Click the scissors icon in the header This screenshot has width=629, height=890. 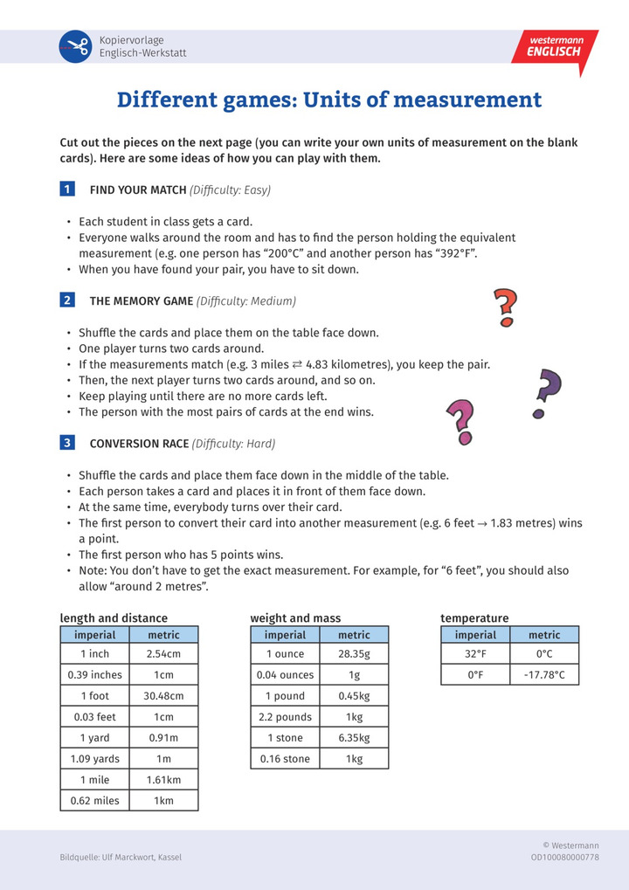[x=75, y=46]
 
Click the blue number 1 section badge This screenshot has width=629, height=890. [x=67, y=190]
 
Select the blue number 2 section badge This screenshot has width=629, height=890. [x=67, y=300]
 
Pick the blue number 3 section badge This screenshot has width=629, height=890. [x=67, y=443]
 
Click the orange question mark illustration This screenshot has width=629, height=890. [x=505, y=307]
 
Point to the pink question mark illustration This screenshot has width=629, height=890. [x=460, y=421]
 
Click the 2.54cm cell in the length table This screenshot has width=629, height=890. [x=164, y=653]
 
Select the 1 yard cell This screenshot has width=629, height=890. [x=95, y=737]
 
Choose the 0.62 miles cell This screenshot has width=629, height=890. [x=95, y=800]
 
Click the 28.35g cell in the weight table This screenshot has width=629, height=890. [x=354, y=653]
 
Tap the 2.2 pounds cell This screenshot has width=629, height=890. [x=285, y=716]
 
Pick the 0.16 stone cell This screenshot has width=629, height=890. [x=285, y=758]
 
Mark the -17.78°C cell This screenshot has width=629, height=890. [x=544, y=674]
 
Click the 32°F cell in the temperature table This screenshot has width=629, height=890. [x=475, y=653]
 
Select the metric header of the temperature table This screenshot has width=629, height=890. [x=544, y=635]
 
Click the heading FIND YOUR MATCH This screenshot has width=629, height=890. [x=138, y=190]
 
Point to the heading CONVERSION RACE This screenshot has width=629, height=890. [x=139, y=443]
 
